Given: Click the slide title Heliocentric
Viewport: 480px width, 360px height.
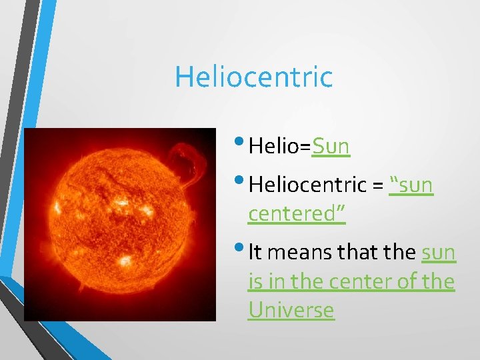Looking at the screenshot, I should [x=253, y=77].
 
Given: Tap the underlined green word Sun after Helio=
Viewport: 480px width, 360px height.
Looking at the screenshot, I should [x=331, y=145].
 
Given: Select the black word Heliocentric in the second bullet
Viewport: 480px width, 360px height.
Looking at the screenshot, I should [x=307, y=184].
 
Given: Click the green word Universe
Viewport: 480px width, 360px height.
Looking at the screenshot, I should [x=291, y=310].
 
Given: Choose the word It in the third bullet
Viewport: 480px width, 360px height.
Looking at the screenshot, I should [x=256, y=253].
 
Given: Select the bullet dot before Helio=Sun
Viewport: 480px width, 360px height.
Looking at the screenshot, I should [x=240, y=141].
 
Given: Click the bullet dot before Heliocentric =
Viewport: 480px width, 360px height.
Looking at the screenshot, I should [x=240, y=180].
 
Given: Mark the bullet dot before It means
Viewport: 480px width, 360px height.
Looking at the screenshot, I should [x=240, y=249].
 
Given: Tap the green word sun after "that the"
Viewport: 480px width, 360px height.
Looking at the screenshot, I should [x=438, y=253].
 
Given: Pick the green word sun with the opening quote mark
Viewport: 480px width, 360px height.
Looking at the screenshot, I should [x=411, y=184].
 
